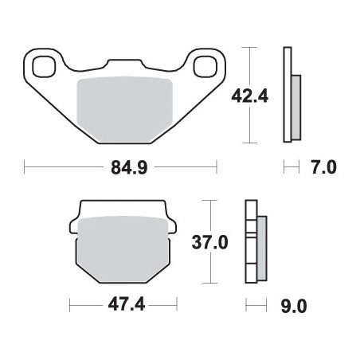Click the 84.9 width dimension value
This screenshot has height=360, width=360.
[x=129, y=167]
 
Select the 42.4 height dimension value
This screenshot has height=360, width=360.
[x=250, y=96]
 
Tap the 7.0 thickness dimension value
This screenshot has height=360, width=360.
[x=324, y=167]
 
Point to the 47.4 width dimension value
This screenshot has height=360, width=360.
[x=127, y=304]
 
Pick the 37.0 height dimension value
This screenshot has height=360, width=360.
[x=209, y=242]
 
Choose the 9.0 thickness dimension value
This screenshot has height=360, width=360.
[x=294, y=307]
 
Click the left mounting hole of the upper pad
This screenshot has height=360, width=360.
[x=44, y=67]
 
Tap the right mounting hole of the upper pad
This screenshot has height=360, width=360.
[x=205, y=67]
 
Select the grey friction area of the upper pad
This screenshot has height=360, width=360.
[x=124, y=109]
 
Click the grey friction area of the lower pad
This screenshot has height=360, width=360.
[x=123, y=248]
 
